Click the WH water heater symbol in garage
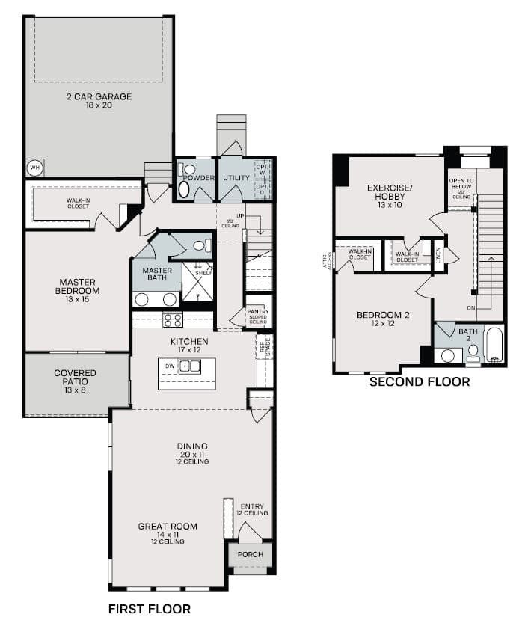click(34, 168)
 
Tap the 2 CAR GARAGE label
click(97, 97)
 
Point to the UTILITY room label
click(236, 179)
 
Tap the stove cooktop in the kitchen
click(173, 320)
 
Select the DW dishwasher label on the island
click(171, 366)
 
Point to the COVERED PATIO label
click(75, 378)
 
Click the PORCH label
click(250, 555)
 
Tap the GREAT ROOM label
click(168, 527)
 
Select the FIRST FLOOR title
click(149, 609)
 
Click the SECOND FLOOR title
click(420, 382)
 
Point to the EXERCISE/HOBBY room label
click(390, 192)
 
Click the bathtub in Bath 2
click(494, 345)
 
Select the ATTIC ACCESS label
click(326, 259)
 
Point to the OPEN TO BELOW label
click(460, 185)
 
